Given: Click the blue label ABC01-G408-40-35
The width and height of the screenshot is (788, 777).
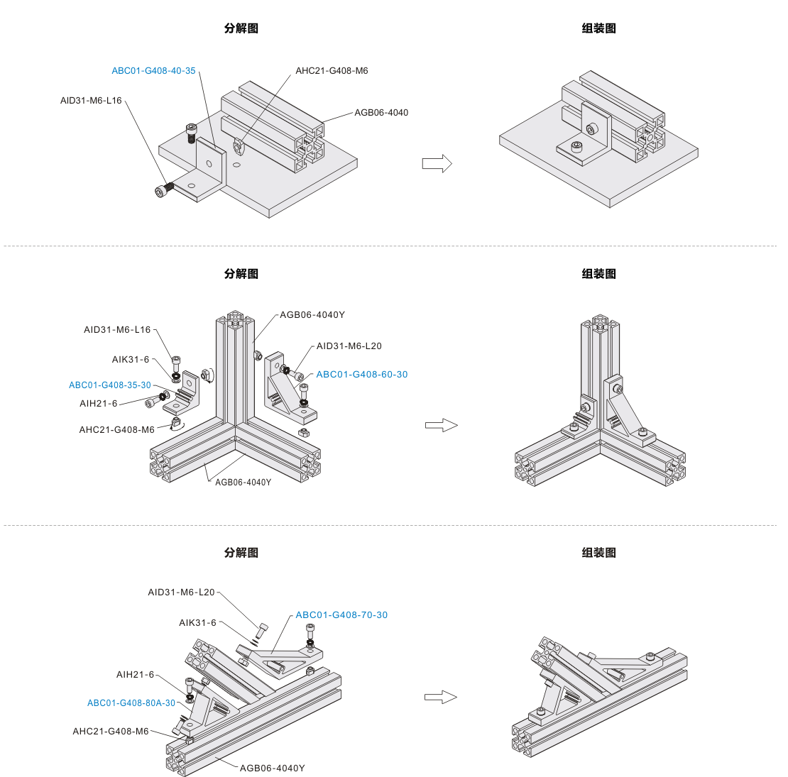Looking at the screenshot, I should (x=153, y=71).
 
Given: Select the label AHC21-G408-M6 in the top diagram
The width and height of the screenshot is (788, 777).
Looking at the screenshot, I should (x=332, y=71).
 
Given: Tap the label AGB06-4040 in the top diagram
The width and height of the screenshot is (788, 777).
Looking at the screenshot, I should (x=381, y=113).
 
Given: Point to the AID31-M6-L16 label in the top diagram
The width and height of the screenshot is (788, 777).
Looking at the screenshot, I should (x=91, y=101).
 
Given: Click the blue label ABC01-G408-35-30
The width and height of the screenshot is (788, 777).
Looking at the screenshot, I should (x=110, y=385).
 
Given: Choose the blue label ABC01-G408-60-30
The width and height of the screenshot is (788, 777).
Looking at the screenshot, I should (x=362, y=375).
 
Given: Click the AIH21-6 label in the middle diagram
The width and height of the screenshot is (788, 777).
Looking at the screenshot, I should (x=99, y=404).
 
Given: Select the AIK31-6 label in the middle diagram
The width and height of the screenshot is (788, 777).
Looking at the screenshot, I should (x=131, y=360).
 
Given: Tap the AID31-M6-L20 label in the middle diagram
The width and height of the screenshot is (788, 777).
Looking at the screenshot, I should (x=349, y=346).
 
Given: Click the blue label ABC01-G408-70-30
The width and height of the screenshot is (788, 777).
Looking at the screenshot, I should (x=341, y=615).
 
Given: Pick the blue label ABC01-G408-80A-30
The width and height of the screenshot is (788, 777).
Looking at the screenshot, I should (x=131, y=703).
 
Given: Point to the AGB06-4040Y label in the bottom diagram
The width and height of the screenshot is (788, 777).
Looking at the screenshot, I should (x=272, y=768).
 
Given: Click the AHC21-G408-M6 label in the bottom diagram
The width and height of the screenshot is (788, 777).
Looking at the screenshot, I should (x=111, y=732).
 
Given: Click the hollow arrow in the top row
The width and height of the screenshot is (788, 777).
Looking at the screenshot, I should (x=437, y=164).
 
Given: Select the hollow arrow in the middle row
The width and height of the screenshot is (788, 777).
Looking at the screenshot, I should (x=441, y=425).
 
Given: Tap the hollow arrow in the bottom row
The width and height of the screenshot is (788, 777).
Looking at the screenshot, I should (x=440, y=698).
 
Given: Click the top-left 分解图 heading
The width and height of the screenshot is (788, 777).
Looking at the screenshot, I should (x=241, y=28).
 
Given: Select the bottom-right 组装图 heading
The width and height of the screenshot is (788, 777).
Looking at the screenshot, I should (x=599, y=553).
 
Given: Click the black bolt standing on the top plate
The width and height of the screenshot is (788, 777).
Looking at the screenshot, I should (x=191, y=133).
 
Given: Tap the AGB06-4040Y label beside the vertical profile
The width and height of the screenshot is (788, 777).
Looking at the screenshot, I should (x=312, y=315).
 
